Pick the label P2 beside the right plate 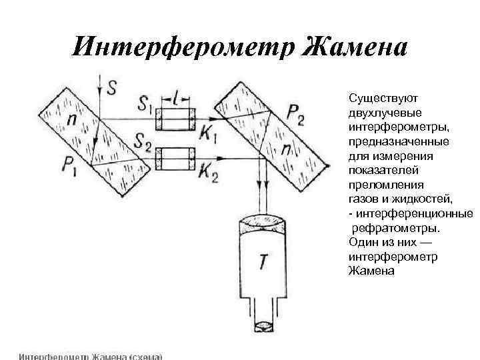click(x=295, y=115)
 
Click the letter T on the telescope click(x=264, y=262)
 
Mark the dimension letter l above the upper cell click(x=175, y=99)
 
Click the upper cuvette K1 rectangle click(x=175, y=120)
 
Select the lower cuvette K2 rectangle click(x=175, y=159)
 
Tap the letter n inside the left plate click(x=72, y=120)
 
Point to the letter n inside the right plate click(x=285, y=150)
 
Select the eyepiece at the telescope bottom click(x=265, y=327)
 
